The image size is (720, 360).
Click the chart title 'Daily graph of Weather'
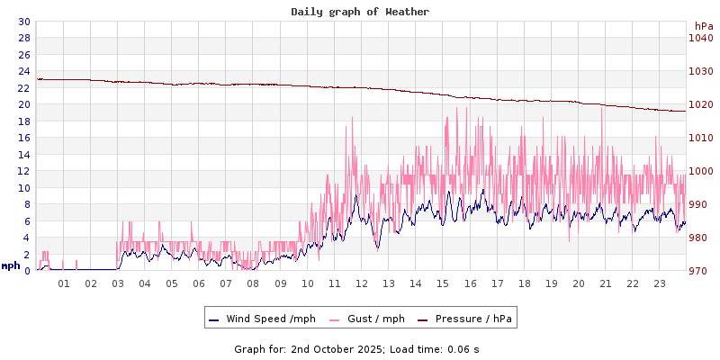[360, 12]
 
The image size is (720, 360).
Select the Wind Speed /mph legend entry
[262, 319]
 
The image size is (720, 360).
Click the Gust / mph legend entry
[366, 319]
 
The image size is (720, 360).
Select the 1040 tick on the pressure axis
[701, 38]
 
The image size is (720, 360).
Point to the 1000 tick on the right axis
[701, 171]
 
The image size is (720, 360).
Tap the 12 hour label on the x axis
[362, 283]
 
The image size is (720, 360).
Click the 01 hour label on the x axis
[64, 283]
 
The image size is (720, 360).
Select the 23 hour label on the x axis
[660, 283]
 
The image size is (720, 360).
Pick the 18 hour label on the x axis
[525, 283]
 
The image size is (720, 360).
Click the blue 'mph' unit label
[11, 265]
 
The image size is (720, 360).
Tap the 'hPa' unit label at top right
[704, 26]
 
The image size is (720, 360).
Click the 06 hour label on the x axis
[199, 283]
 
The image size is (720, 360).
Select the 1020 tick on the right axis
[701, 104]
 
